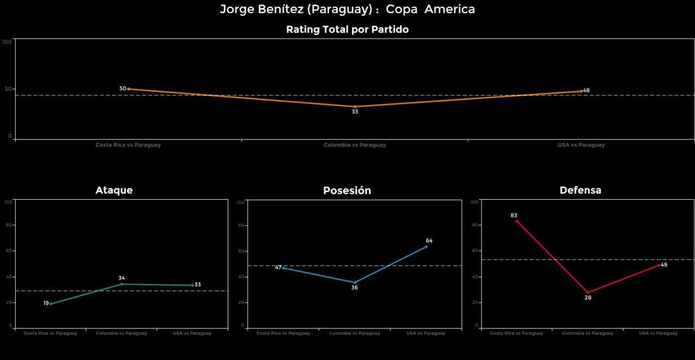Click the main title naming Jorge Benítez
click(x=347, y=9)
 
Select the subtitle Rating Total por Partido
click(x=347, y=30)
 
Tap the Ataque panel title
click(x=114, y=190)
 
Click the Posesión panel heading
click(x=347, y=191)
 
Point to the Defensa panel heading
click(x=580, y=190)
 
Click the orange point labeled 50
click(x=128, y=89)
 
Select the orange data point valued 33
click(x=355, y=107)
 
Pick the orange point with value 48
click(x=581, y=91)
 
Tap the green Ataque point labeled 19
click(x=51, y=304)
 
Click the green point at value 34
click(x=122, y=284)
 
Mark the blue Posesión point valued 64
click(x=426, y=247)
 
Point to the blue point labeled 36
click(x=355, y=282)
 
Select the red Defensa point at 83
click(x=517, y=222)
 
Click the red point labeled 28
click(x=587, y=292)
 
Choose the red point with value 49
click(x=659, y=265)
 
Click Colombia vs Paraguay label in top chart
click(x=355, y=145)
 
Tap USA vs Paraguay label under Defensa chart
click(x=658, y=333)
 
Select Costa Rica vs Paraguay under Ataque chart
click(x=50, y=333)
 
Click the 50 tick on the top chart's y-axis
click(x=8, y=89)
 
